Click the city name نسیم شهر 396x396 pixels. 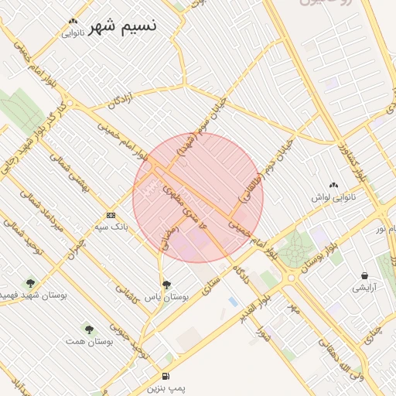point(122,26)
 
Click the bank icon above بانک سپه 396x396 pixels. point(111,215)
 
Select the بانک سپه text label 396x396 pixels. point(111,227)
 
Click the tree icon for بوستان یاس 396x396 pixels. point(166,285)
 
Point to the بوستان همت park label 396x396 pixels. point(85,341)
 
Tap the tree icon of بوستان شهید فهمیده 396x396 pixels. point(30,283)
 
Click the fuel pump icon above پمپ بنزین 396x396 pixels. point(166,375)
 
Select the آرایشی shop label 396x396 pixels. point(364,288)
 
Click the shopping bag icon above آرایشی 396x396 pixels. point(364,275)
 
